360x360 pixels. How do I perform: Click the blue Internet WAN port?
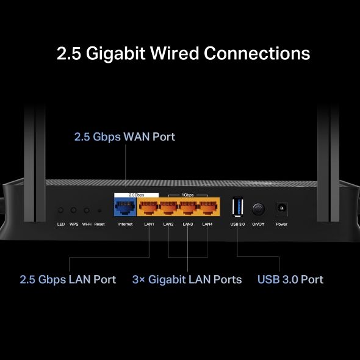click(x=125, y=208)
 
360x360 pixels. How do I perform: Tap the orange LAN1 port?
click(x=149, y=209)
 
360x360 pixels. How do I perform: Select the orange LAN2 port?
click(x=168, y=209)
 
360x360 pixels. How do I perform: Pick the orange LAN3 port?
click(x=188, y=209)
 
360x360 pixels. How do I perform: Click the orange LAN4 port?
click(x=207, y=209)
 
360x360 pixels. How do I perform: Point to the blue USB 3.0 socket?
click(x=237, y=207)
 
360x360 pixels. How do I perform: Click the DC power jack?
click(x=281, y=209)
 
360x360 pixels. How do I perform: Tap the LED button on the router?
click(x=61, y=210)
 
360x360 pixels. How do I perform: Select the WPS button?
click(x=74, y=210)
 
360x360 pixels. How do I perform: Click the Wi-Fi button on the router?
click(x=87, y=210)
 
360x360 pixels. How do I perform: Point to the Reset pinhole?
click(x=99, y=210)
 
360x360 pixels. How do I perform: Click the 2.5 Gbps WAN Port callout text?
click(x=124, y=137)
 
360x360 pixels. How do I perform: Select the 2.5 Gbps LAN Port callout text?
click(x=68, y=279)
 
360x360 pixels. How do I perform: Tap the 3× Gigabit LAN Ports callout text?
click(x=187, y=279)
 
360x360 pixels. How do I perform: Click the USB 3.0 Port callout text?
click(x=290, y=279)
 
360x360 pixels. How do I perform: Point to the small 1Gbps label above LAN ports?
click(x=188, y=195)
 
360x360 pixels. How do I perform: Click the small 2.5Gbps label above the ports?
click(x=136, y=195)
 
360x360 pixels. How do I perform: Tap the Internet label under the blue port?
click(x=125, y=225)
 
